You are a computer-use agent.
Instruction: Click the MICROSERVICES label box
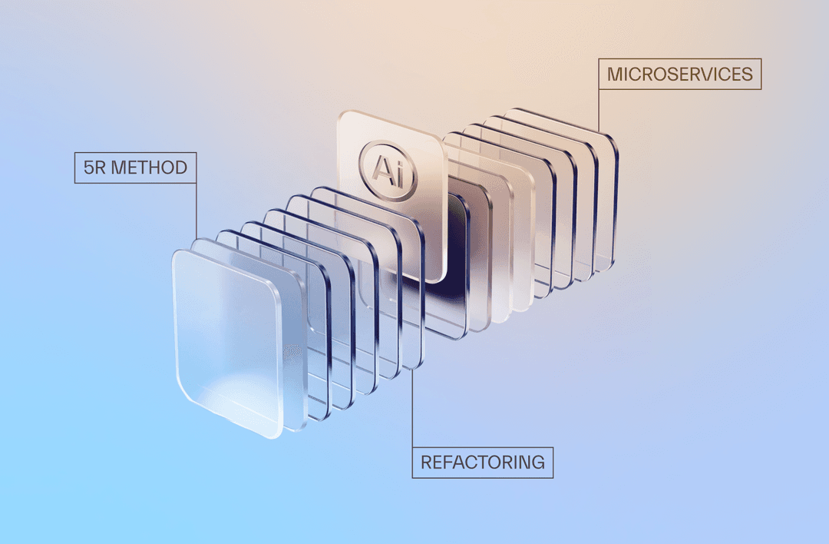point(680,75)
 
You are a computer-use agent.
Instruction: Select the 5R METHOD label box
point(135,168)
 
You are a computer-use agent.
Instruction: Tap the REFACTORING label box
point(482,463)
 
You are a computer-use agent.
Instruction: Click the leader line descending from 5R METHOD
point(197,207)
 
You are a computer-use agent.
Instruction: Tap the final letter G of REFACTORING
point(538,463)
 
